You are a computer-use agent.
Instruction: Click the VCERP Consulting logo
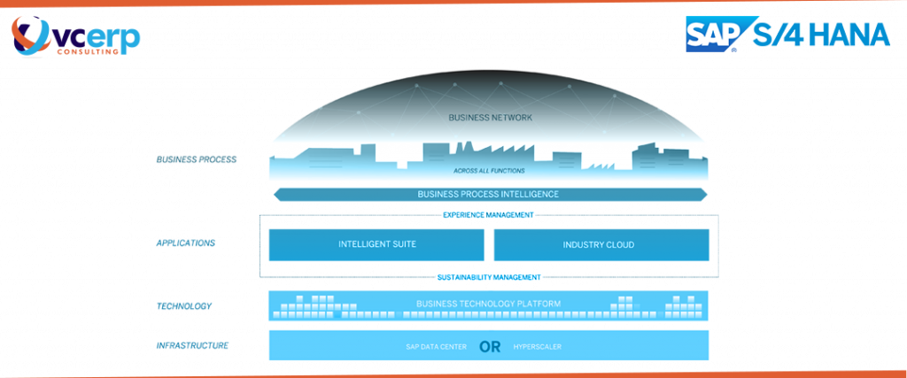74,36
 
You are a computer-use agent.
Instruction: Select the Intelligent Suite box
376,244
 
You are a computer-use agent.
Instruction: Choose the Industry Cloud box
601,244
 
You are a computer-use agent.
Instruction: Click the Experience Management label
488,214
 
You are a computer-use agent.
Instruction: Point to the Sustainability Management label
488,277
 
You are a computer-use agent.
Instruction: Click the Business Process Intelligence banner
488,194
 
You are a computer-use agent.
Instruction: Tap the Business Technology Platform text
488,305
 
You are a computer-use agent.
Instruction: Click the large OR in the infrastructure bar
489,346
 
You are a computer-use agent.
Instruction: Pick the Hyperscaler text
537,346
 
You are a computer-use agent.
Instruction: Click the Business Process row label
196,160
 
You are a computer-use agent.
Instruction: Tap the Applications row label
186,243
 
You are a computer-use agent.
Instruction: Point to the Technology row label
184,306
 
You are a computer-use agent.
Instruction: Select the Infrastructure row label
192,345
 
